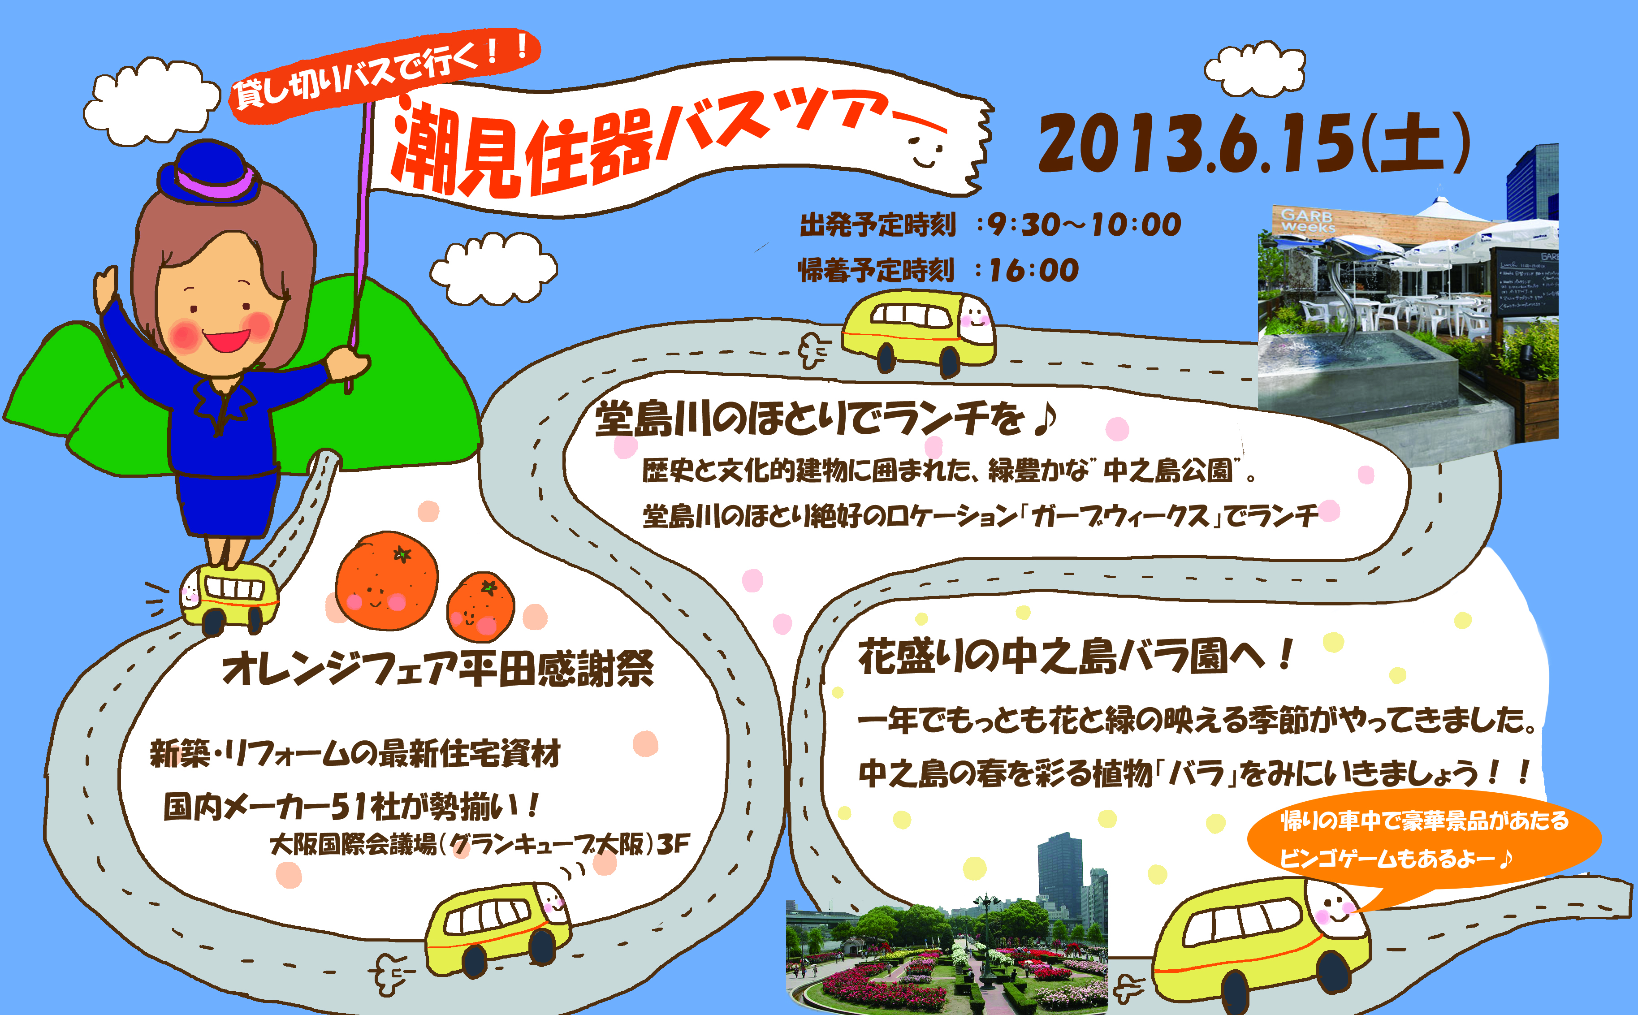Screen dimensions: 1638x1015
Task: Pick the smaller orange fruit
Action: point(481,607)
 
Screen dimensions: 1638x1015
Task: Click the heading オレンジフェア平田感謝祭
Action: point(438,669)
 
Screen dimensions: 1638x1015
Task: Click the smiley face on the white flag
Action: point(926,151)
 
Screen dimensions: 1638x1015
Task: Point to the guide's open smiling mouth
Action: point(226,339)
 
